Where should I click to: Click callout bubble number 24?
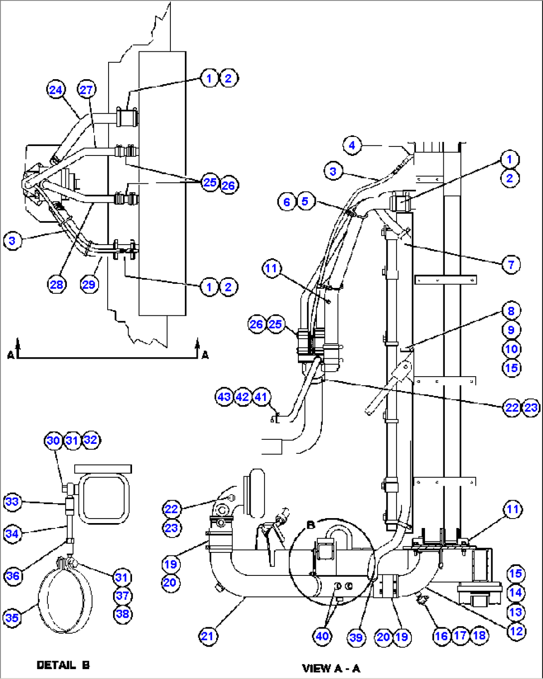56,90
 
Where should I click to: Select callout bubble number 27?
86,90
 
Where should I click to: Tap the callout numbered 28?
56,284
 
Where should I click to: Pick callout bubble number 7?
511,265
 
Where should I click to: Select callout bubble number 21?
208,636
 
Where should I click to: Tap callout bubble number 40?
322,636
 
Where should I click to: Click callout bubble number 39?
356,638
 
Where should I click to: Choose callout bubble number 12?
516,631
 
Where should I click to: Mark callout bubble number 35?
12,618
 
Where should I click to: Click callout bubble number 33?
12,502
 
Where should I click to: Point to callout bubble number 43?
224,397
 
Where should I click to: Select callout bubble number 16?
441,636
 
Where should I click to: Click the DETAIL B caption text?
63,665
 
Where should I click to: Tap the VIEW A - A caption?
331,668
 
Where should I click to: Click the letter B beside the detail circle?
311,525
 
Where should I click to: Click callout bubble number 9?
511,330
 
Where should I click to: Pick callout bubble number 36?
12,576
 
